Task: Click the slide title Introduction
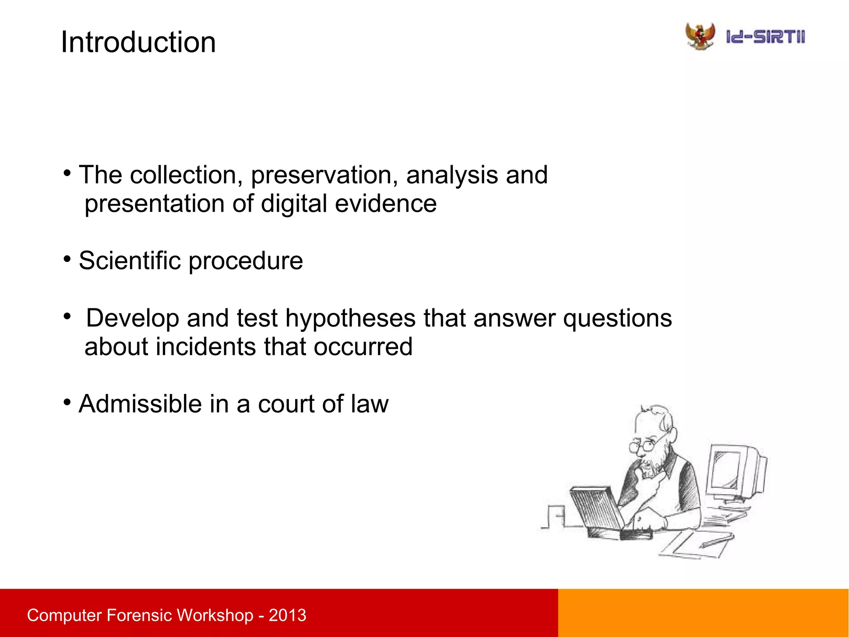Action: (138, 42)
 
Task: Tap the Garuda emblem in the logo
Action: (700, 37)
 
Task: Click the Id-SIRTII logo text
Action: (765, 37)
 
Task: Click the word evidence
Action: (386, 204)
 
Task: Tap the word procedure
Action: (246, 261)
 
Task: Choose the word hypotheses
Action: (350, 318)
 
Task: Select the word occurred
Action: (363, 347)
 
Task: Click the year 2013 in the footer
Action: (287, 615)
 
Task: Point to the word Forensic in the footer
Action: (138, 615)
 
